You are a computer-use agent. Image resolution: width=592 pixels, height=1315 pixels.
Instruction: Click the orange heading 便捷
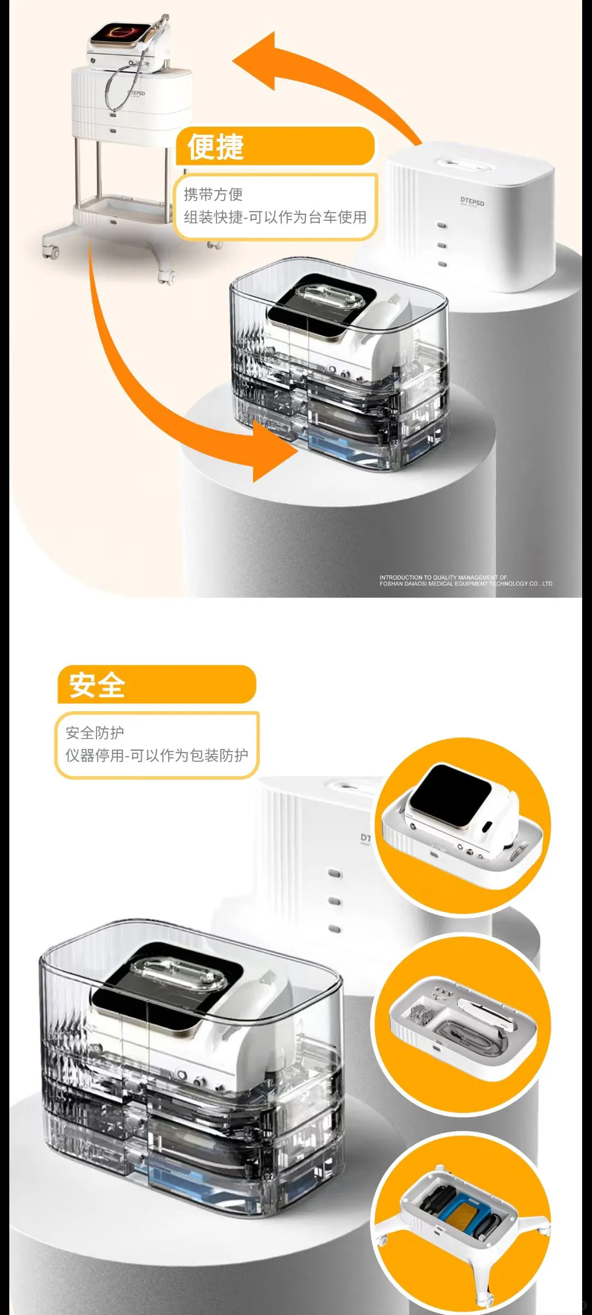pos(215,147)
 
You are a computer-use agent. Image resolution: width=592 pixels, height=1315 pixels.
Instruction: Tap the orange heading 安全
pos(97,685)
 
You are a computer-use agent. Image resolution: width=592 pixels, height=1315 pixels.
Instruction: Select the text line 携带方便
pos(213,195)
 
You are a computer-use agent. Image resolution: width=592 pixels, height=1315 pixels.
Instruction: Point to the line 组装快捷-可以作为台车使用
pos(275,218)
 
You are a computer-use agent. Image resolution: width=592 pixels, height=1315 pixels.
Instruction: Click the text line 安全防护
pos(95,733)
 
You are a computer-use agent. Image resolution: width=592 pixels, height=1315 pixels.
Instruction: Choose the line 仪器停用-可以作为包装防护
pos(157,756)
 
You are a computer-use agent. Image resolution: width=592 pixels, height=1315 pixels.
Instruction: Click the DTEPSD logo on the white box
pos(472,202)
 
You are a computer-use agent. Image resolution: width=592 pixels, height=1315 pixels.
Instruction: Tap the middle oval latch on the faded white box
pos(334,901)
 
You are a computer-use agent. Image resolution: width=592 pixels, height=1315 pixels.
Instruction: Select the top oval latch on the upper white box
pos(442,226)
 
